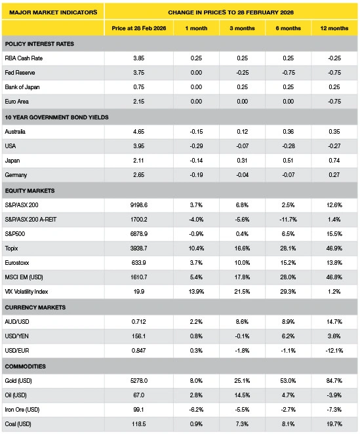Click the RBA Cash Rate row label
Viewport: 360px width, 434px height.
coord(24,58)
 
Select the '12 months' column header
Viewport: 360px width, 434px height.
coord(334,28)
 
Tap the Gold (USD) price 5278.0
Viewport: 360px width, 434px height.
coord(139,381)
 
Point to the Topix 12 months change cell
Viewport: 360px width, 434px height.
coord(334,248)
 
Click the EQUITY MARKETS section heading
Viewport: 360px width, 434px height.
coord(30,191)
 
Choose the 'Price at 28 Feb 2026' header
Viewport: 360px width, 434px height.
coord(139,28)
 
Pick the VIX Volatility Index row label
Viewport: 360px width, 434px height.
coord(26,292)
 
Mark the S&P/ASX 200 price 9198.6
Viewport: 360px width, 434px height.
coord(139,205)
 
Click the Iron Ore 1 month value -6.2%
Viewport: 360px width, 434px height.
coord(196,409)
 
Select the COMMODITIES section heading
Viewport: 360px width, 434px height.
coord(25,366)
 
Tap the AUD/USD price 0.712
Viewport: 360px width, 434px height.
coord(139,322)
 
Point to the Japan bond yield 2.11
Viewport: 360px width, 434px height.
coord(138,160)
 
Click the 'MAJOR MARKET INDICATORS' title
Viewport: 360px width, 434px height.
coord(53,12)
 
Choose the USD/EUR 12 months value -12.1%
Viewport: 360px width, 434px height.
coord(334,350)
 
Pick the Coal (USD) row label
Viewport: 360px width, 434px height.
coord(18,424)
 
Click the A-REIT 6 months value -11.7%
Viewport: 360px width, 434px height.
coord(288,220)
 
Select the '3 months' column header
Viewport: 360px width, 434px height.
coord(242,28)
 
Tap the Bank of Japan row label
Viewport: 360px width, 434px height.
coord(22,87)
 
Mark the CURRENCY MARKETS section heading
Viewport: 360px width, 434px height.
coord(35,307)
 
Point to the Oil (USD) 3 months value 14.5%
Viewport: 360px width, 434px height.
coord(242,395)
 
